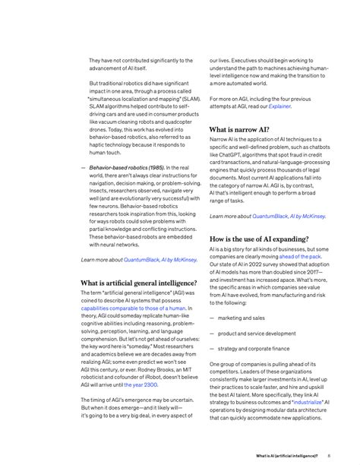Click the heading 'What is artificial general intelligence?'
138,283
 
